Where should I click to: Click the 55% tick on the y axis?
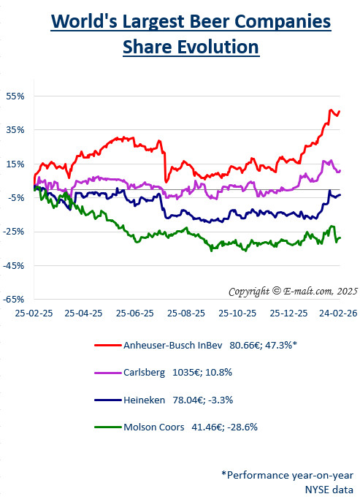point(16,96)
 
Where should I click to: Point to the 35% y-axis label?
point(16,129)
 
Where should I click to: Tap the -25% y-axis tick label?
point(15,232)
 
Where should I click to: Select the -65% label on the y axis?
point(15,300)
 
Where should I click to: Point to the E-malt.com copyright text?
point(290,291)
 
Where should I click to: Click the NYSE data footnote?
point(329,489)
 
